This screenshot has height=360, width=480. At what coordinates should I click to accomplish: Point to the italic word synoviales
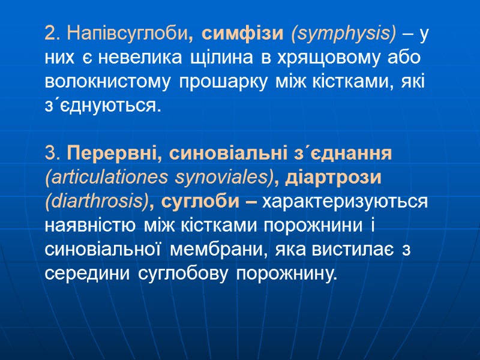tap(223, 178)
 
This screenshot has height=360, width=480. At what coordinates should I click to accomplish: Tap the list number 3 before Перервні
tap(50, 154)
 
